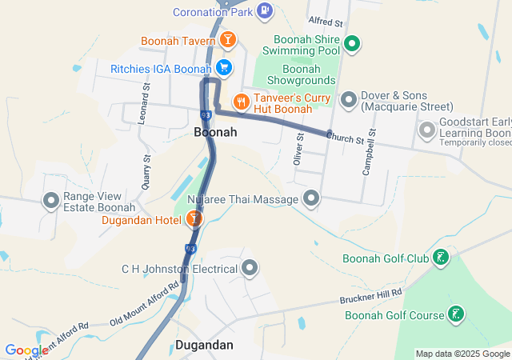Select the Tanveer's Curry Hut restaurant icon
pos(240,102)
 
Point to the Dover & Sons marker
pos(349,100)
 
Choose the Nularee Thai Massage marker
pos(311,198)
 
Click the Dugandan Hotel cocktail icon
pos(193,218)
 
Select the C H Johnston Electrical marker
pos(250,268)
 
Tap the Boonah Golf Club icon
pos(440,258)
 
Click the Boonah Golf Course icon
pos(455,314)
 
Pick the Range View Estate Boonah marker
pos(53,201)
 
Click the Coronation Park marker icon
pos(266,11)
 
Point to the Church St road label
pos(350,138)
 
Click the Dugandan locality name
pos(203,346)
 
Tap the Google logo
pos(26,350)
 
